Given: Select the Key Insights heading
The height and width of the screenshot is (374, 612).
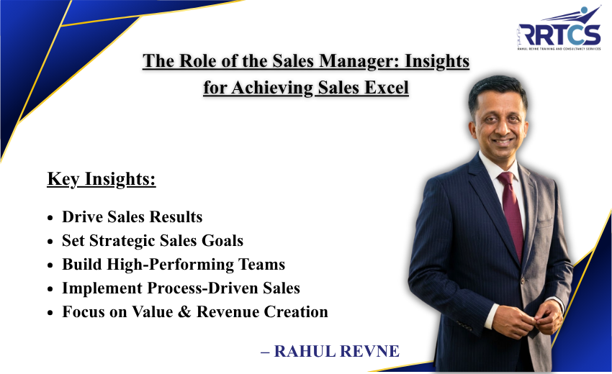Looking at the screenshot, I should [102, 179].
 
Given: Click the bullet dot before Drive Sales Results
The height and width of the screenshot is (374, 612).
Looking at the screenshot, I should [50, 218].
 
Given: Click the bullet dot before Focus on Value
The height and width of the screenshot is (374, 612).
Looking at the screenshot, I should [50, 313].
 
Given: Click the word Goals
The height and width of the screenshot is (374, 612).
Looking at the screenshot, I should [222, 241].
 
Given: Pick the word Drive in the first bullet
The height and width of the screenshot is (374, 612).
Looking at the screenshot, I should [81, 217].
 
